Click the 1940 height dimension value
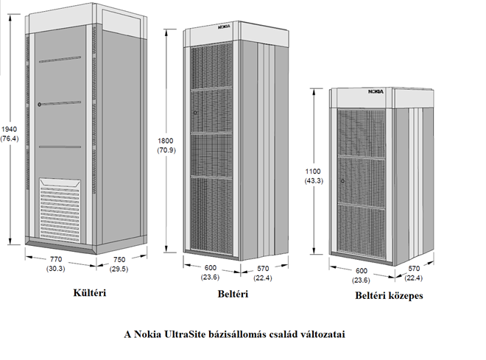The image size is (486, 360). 10,128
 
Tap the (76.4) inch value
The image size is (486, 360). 10,138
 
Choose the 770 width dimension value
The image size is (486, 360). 55,260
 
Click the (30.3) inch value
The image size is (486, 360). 55,269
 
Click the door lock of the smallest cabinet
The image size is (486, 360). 342,181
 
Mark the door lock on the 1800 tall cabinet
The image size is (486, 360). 195,113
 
